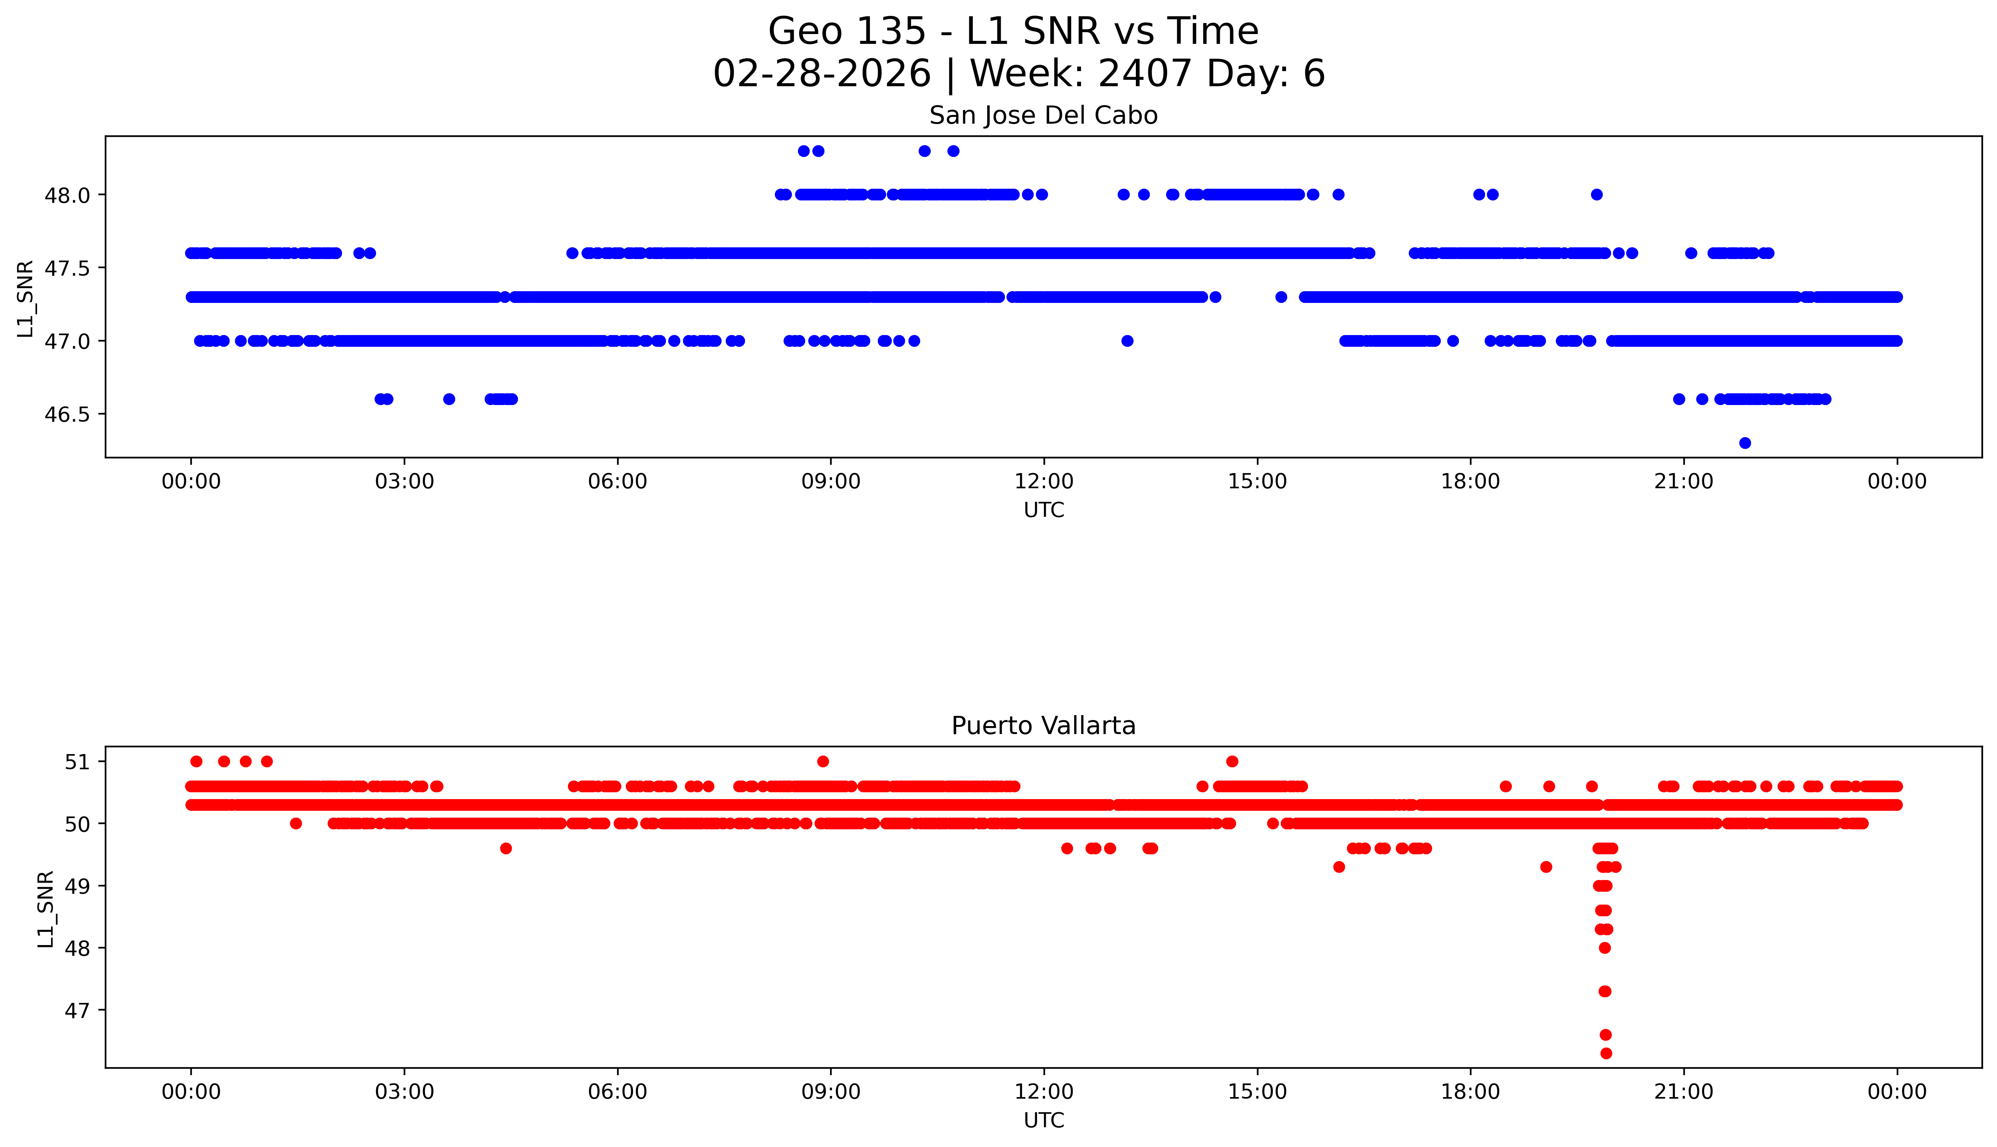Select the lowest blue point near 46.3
tap(1745, 443)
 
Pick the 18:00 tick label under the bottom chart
tap(1470, 1092)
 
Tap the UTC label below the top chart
tap(1044, 511)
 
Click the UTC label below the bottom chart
tap(1044, 1120)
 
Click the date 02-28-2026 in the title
tap(822, 74)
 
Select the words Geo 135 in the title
tap(847, 31)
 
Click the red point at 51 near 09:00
tap(823, 761)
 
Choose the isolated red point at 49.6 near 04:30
tap(506, 849)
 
